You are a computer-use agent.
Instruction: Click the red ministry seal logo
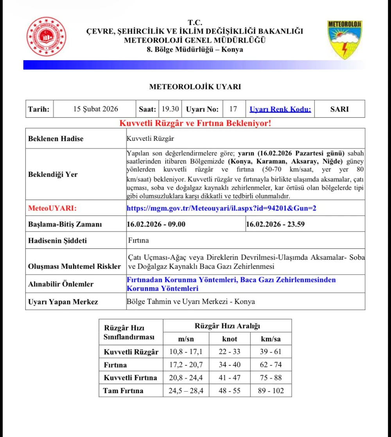[46, 36]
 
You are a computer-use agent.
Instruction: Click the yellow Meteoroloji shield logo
[344, 40]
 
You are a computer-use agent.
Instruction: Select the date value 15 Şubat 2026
[95, 109]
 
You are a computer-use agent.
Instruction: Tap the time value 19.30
[170, 109]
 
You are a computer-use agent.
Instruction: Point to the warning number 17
[233, 109]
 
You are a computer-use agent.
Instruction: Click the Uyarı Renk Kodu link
[280, 109]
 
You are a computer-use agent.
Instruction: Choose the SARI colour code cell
[339, 109]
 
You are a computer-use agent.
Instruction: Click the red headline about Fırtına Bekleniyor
[195, 123]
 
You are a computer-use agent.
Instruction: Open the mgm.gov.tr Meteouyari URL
[221, 208]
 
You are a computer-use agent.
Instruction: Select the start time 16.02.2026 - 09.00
[156, 224]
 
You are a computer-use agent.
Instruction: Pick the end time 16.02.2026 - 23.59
[275, 224]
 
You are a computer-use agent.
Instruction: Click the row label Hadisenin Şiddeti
[57, 241]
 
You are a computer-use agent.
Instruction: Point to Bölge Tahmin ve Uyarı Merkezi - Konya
[191, 302]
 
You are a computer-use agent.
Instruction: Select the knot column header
[230, 339]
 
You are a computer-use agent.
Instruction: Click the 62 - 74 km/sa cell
[271, 365]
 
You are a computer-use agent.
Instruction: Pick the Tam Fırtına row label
[123, 390]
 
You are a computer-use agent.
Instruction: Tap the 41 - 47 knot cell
[230, 378]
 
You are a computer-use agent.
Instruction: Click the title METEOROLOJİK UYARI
[195, 87]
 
